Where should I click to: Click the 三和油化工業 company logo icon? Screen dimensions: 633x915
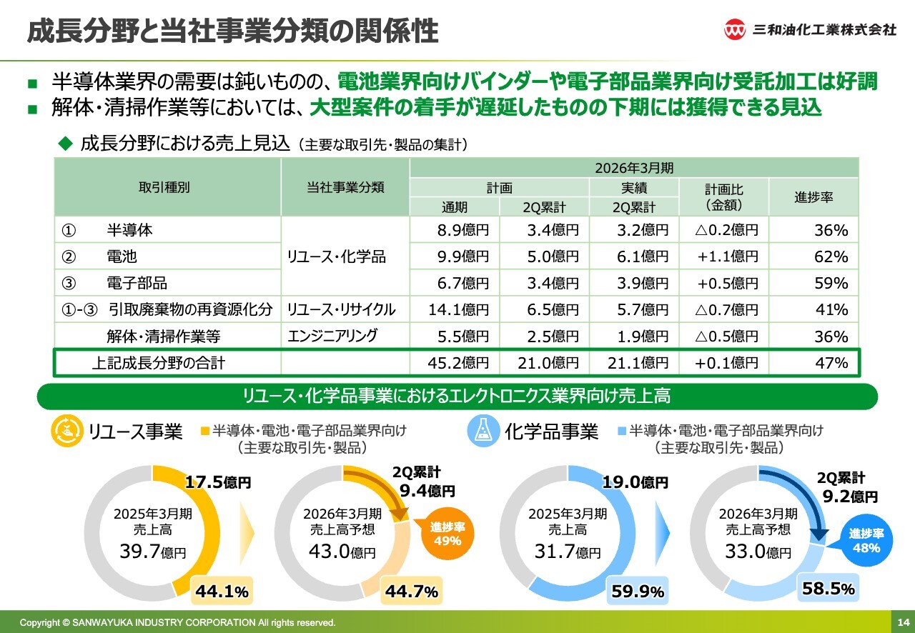[x=736, y=29]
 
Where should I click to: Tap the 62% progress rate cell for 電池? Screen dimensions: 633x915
[x=831, y=256]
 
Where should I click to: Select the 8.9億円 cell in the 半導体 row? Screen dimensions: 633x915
[x=463, y=230]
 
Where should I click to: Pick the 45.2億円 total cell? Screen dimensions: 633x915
[x=457, y=363]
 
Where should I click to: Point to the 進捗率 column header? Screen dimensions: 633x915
[x=813, y=197]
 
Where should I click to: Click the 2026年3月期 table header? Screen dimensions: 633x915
[x=633, y=169]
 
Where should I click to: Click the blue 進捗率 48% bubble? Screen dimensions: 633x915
[x=866, y=541]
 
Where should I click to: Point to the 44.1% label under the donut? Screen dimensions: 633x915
[x=221, y=591]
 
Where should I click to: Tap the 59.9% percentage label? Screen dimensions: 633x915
[x=638, y=592]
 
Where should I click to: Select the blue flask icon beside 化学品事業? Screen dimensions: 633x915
[x=483, y=431]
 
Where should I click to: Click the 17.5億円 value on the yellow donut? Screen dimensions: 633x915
[x=218, y=483]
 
